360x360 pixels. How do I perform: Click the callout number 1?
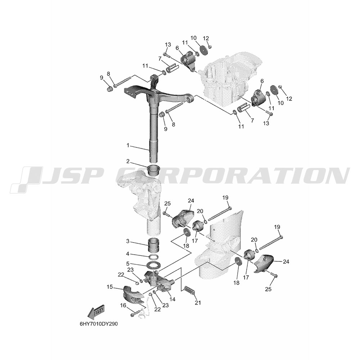[128, 145]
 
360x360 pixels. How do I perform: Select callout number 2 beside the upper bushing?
[128, 162]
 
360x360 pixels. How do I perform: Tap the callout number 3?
[128, 242]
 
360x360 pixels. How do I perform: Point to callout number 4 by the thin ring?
[128, 254]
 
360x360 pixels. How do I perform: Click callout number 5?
[128, 264]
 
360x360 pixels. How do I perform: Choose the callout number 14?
[172, 300]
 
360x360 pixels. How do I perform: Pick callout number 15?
[110, 287]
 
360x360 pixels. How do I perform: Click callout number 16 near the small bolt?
[123, 305]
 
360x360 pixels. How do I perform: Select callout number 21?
[198, 303]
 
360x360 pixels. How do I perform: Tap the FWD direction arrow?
[96, 311]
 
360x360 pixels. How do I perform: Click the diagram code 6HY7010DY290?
[99, 324]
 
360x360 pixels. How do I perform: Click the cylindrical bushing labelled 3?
[153, 245]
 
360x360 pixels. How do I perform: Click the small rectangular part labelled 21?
[190, 290]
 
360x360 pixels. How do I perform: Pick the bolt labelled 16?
[135, 314]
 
